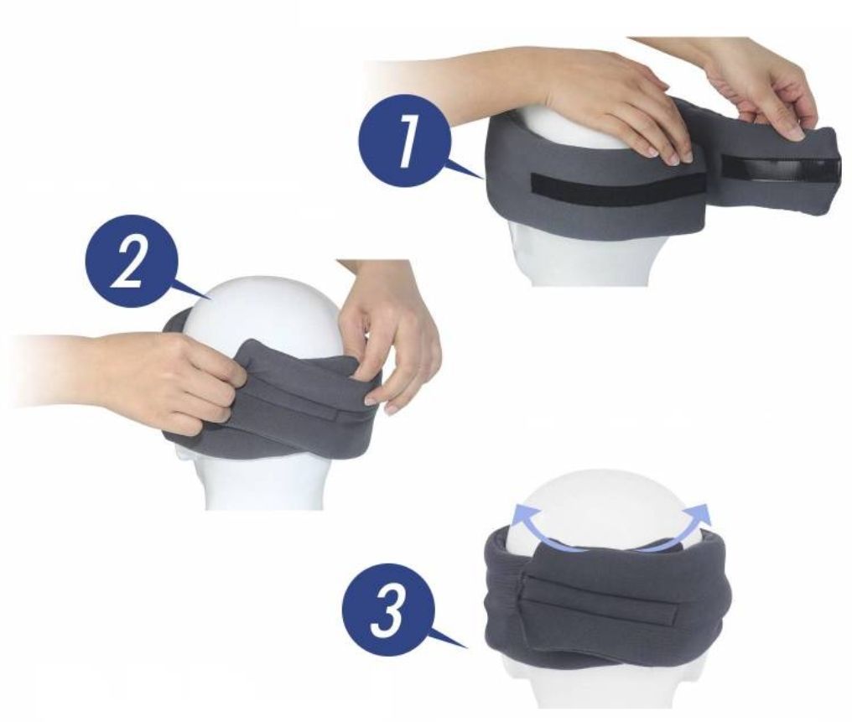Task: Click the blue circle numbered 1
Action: pyautogui.click(x=404, y=141)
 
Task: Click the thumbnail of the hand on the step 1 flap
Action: pyautogui.click(x=797, y=132)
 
